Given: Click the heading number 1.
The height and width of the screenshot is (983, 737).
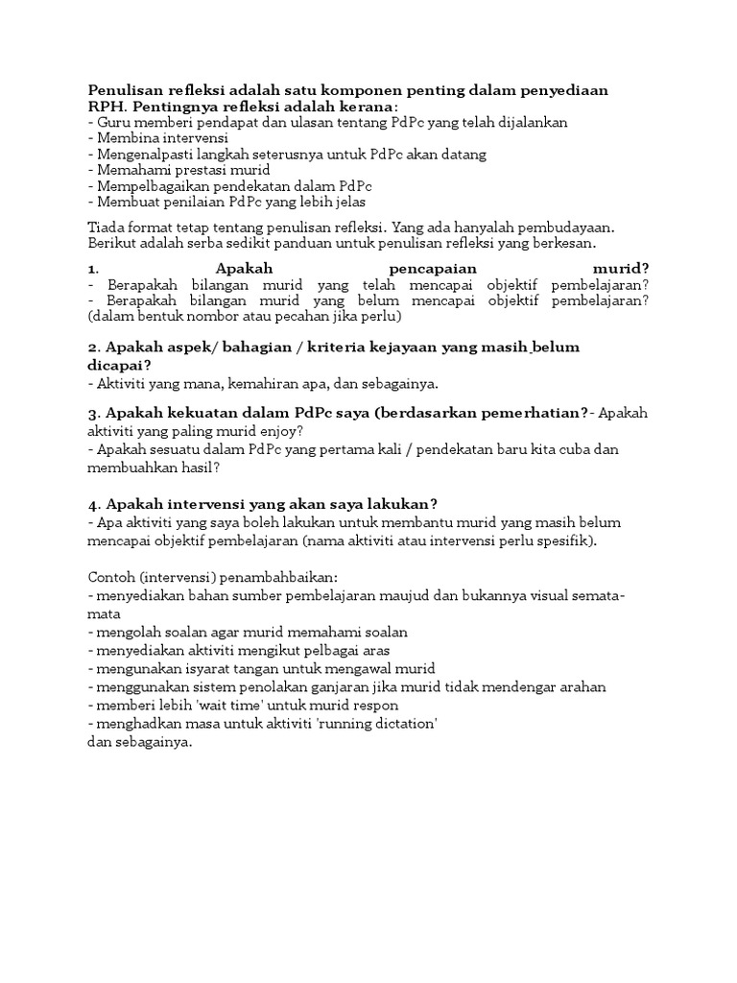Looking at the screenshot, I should pos(91,269).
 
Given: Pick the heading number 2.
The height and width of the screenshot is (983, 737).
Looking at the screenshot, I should pos(92,347).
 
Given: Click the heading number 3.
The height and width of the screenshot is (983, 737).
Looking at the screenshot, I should pos(92,413).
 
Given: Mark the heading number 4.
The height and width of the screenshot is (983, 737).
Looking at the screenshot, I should pos(92,504).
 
